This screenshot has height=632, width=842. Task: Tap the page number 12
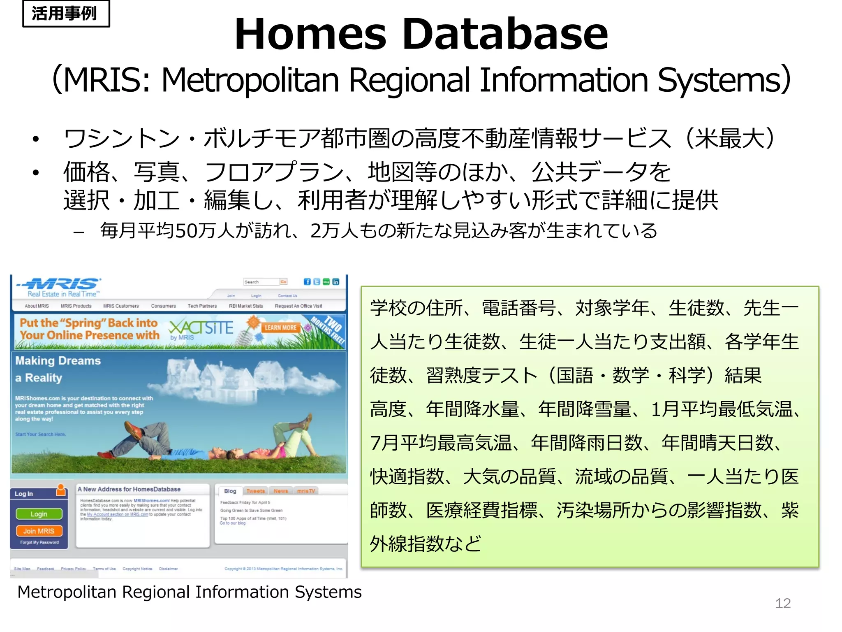click(782, 603)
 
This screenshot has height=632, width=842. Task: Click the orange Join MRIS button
click(39, 531)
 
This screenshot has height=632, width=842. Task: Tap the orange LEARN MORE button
click(280, 328)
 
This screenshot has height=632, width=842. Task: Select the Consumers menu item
click(163, 306)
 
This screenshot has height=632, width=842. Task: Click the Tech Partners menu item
click(202, 306)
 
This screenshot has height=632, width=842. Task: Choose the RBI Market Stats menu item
click(246, 306)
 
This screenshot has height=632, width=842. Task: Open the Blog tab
click(230, 491)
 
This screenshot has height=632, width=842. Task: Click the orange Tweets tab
click(255, 491)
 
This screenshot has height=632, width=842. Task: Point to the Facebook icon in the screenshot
click(307, 282)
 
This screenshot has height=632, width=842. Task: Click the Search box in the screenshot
click(261, 282)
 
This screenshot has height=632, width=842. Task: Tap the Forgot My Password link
click(39, 542)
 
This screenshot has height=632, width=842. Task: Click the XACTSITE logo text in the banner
click(201, 328)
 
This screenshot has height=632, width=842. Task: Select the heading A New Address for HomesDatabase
click(129, 489)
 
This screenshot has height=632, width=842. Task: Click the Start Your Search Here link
click(40, 434)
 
